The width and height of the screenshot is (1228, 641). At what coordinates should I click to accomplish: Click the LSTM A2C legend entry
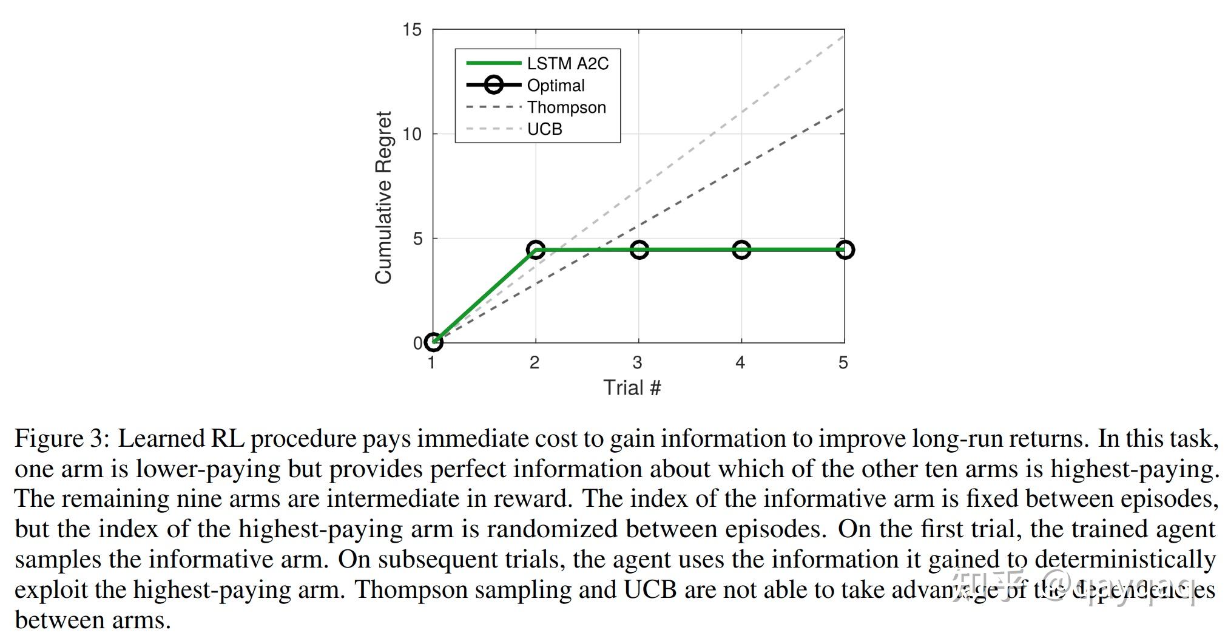coord(567,64)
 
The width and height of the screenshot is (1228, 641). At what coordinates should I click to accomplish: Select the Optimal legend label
coord(555,86)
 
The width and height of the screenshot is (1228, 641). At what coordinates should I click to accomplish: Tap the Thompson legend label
coord(566,107)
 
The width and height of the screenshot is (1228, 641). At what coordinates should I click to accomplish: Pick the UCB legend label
coord(544,129)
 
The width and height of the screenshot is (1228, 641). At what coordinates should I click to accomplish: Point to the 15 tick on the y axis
coord(412,30)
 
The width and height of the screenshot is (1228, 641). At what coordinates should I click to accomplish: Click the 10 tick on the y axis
coord(412,134)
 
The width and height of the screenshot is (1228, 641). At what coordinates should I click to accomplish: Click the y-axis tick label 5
coord(417,239)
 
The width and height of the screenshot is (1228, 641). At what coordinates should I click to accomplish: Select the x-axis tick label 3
coord(637,363)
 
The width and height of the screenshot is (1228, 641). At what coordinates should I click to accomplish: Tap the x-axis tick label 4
coord(740,363)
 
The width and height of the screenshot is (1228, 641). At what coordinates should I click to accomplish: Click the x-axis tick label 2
coord(535,363)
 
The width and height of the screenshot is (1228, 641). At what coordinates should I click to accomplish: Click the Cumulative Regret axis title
coord(383,197)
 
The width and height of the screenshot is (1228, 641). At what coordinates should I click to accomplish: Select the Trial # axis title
coord(632,388)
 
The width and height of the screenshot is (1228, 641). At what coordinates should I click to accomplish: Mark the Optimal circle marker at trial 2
coord(536,249)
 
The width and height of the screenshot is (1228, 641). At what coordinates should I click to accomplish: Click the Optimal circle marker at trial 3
coord(639,249)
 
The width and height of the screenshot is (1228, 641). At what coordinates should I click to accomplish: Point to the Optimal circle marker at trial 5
coord(845,249)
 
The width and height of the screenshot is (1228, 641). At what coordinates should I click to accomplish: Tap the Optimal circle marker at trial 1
coord(433,342)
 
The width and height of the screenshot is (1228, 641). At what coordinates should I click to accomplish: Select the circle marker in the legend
coord(494,85)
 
